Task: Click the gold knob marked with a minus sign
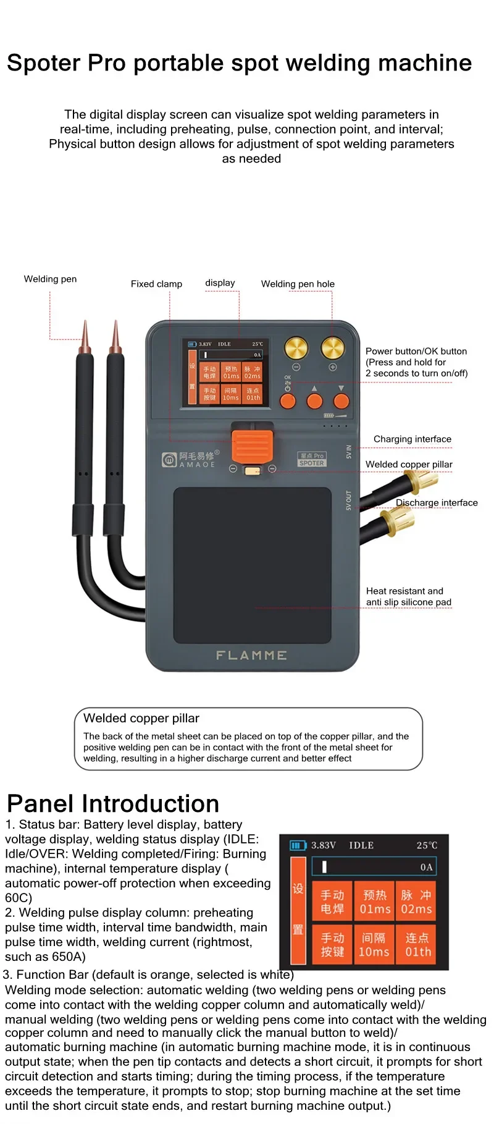tap(296, 348)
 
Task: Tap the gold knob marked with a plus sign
tap(333, 348)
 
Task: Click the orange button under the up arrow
tap(314, 402)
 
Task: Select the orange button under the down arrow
tap(341, 402)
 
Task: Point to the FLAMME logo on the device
tap(251, 655)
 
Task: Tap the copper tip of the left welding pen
tap(85, 337)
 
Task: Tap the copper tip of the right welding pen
tap(115, 337)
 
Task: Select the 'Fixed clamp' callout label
tap(156, 284)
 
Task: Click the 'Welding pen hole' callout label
tap(298, 284)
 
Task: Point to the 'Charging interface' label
tap(412, 439)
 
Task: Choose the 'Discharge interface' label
tap(437, 503)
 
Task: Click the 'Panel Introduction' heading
tap(113, 804)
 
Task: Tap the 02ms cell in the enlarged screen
tap(416, 902)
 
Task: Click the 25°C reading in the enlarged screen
tap(427, 845)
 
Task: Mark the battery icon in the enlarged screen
tap(298, 845)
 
